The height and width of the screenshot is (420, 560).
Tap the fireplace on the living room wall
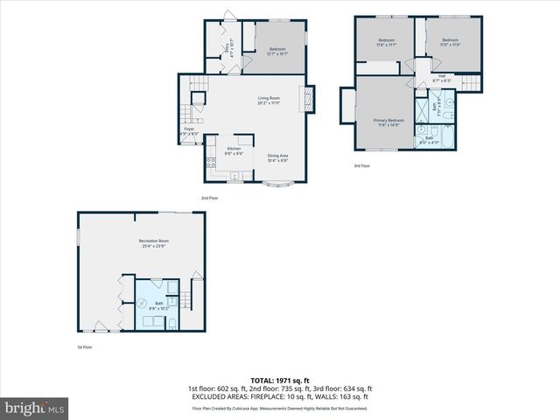point(307,98)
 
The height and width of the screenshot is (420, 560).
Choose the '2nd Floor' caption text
point(209,199)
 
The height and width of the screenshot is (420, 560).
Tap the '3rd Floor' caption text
point(361,165)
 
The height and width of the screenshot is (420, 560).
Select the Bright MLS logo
point(35,408)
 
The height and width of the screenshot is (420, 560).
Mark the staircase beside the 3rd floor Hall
point(470,83)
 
